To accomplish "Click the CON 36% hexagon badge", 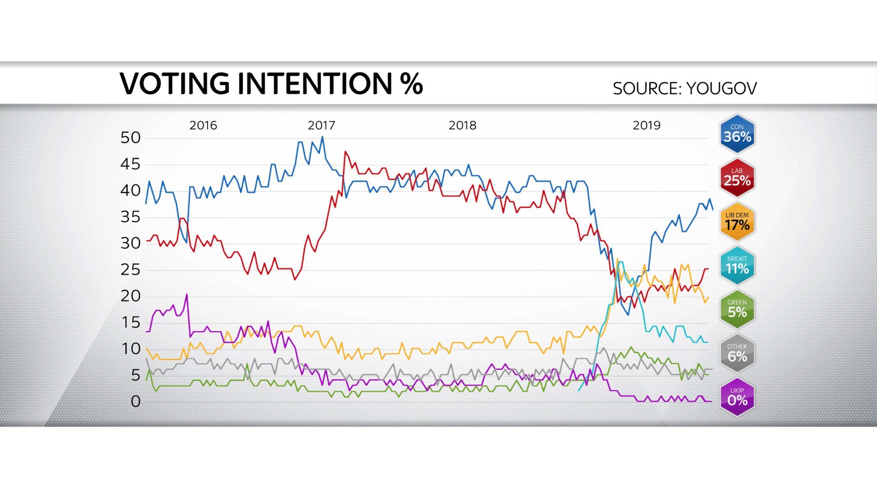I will click(737, 134).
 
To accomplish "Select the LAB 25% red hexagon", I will click(737, 178).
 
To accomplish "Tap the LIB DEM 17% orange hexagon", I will click(737, 222).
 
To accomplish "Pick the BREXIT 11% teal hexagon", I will click(737, 266).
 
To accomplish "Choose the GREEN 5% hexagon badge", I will click(737, 309).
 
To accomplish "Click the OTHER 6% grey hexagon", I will click(737, 353).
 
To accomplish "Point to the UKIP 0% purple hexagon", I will click(737, 397).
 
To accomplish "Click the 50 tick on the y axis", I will click(131, 138).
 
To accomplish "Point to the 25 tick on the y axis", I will click(131, 270).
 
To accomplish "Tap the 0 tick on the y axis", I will click(135, 401).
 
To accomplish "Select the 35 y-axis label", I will click(131, 217).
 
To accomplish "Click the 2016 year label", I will click(203, 125).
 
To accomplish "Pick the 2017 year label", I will click(321, 125).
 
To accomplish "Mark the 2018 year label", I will click(462, 125).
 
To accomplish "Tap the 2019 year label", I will click(646, 125).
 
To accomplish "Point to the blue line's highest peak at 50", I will click(322, 137).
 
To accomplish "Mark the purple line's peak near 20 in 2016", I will click(187, 294).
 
